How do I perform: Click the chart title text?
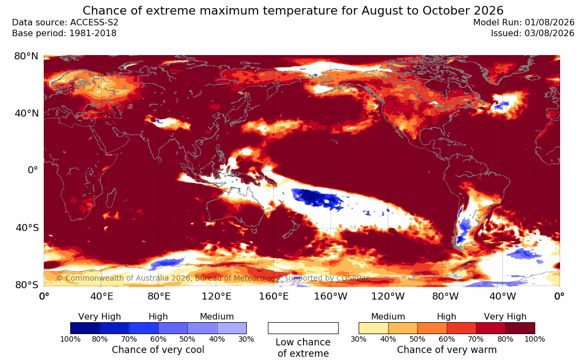coord(293,10)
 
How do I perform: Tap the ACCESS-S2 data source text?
coord(65,23)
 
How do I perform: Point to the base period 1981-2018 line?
coord(64,33)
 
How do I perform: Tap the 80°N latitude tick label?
coord(26,56)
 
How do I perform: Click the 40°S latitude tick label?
coord(27,228)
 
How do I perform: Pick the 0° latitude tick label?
coord(33,171)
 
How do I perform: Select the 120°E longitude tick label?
coord(217,296)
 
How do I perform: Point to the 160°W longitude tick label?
coord(331,296)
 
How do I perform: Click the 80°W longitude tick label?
coord(445,296)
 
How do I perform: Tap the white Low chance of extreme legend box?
coord(303,328)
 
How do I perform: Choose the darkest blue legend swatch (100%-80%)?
coord(85,328)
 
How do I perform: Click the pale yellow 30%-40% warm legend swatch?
coord(373,328)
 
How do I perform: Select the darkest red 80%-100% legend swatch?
coord(520,328)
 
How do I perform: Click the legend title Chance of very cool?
coord(158,350)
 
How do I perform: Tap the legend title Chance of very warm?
coord(447,350)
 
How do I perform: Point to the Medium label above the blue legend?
coord(217,317)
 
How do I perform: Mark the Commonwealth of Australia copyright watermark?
coord(213,278)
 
